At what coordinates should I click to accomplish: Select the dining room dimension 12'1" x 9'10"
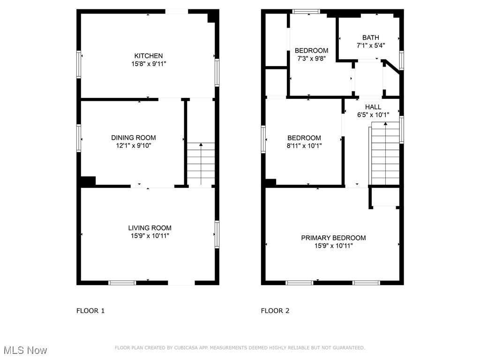134,145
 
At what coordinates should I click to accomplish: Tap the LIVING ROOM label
150,228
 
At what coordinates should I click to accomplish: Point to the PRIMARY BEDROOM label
333,238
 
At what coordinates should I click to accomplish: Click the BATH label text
370,37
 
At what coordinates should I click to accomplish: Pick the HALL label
373,107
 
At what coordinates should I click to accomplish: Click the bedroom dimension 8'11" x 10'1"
304,145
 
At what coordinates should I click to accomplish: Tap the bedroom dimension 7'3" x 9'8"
311,58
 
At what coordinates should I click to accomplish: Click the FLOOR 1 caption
90,310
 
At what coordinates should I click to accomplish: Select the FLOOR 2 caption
275,310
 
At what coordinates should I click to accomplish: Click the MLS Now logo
25,350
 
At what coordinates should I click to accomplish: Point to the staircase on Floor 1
201,164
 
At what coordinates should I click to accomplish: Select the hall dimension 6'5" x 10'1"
373,114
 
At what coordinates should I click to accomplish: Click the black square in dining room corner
88,181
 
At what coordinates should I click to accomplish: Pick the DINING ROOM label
134,137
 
